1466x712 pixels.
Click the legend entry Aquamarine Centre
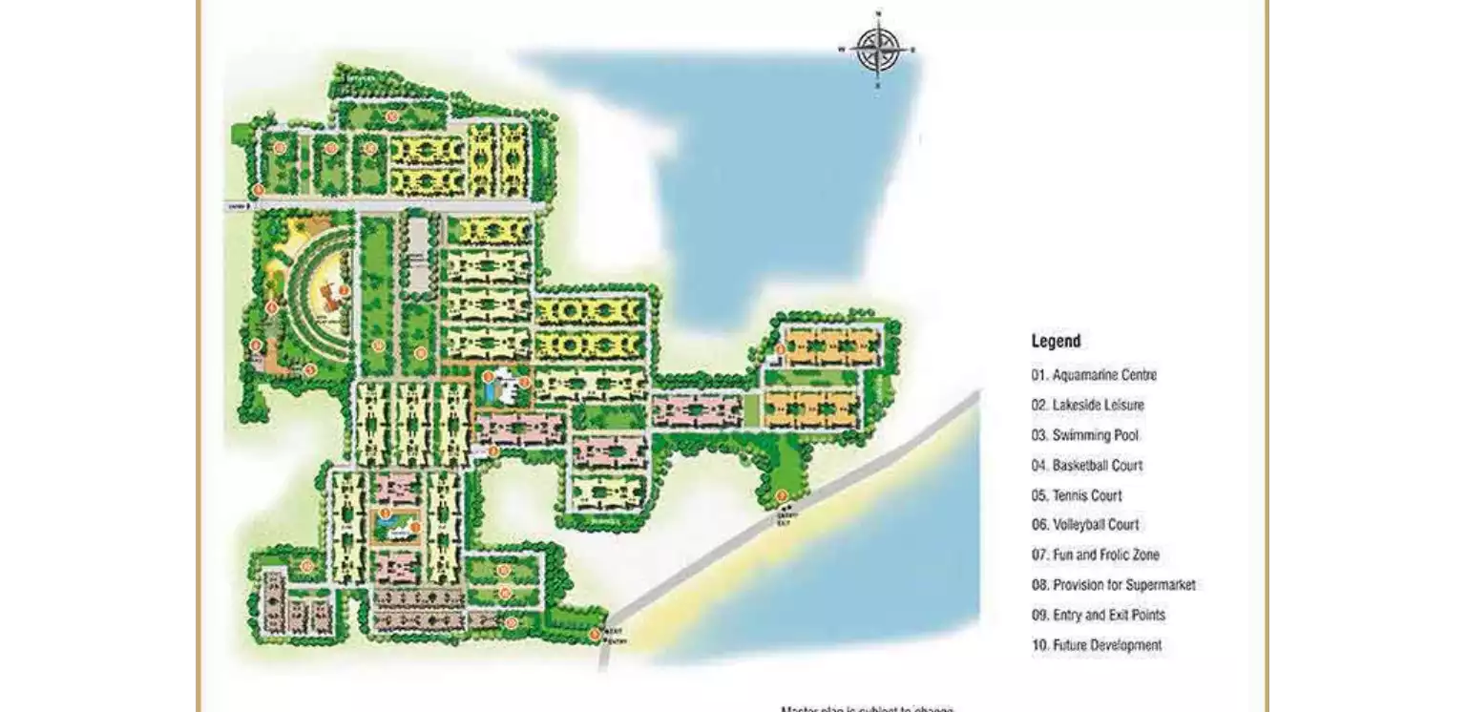coord(1094,375)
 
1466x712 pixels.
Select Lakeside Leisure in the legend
coord(1087,405)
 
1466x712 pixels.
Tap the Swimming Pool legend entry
coord(1084,435)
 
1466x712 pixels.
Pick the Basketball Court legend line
coord(1086,466)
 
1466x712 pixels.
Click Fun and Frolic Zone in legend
coord(1095,555)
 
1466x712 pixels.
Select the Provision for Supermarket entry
coord(1113,585)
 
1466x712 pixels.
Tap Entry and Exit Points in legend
coord(1098,616)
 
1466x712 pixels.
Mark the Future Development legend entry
coord(1097,645)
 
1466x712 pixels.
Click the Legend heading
coord(1056,341)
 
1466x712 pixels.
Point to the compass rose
coord(877,51)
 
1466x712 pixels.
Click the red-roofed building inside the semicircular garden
coord(330,297)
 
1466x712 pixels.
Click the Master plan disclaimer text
coord(867,708)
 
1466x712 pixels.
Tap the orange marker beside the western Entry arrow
coord(258,190)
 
